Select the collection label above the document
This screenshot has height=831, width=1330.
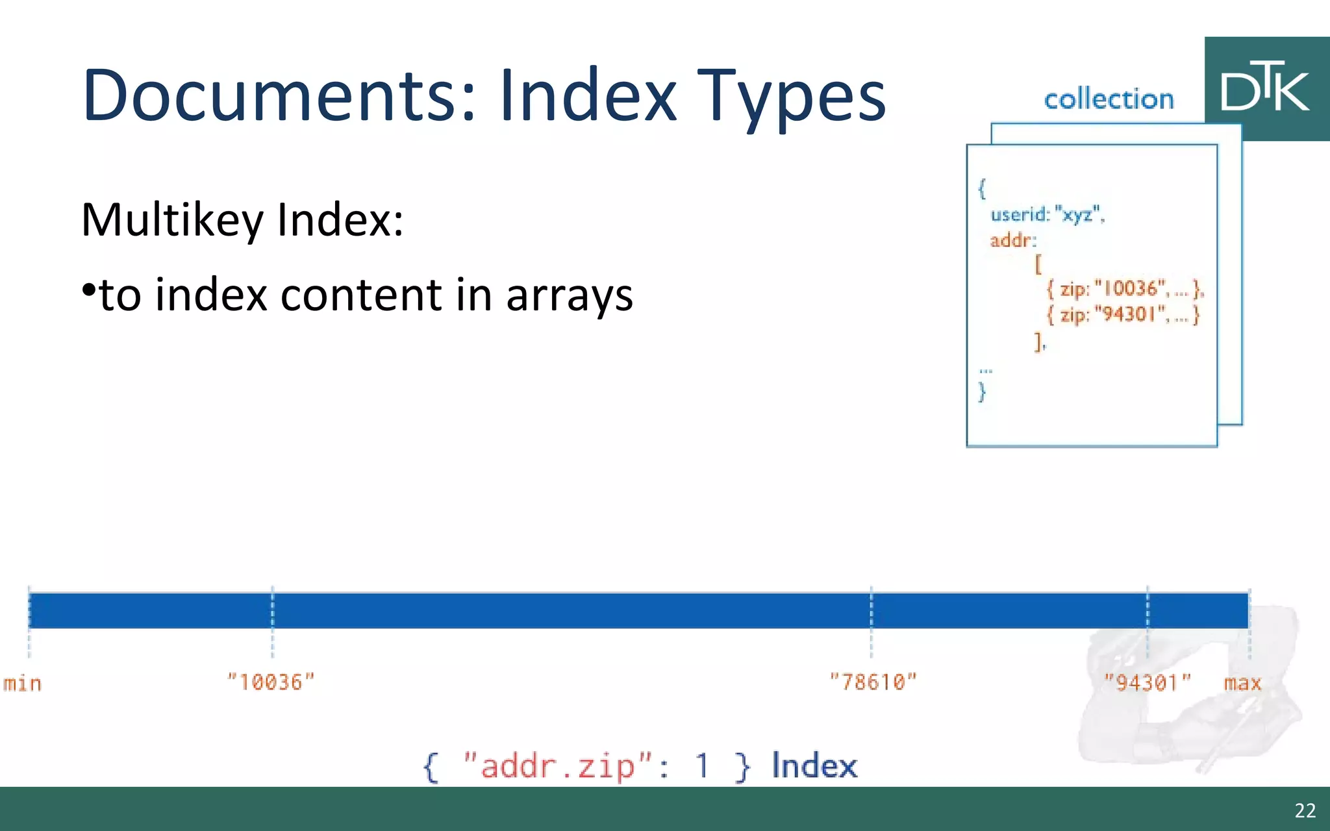point(1109,99)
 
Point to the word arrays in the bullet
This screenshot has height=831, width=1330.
point(569,295)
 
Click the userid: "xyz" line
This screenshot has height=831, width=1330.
point(1047,214)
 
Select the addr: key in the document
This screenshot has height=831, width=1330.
point(1012,241)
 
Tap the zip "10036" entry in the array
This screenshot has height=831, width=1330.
point(1125,289)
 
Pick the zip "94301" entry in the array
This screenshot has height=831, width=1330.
point(1123,315)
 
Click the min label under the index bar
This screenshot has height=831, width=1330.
point(23,684)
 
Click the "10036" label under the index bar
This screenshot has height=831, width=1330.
point(271,682)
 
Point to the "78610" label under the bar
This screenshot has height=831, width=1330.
point(873,682)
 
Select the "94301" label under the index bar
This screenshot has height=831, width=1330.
point(1148,682)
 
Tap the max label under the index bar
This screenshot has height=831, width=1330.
point(1242,683)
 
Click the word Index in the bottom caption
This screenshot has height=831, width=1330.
point(814,765)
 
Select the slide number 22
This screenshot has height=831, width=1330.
point(1305,810)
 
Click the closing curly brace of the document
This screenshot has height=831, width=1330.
point(982,392)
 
